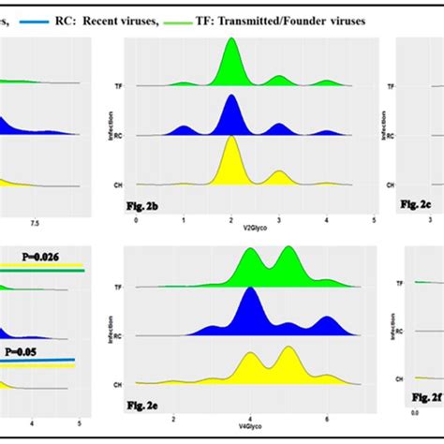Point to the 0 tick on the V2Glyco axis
tap(137, 221)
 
